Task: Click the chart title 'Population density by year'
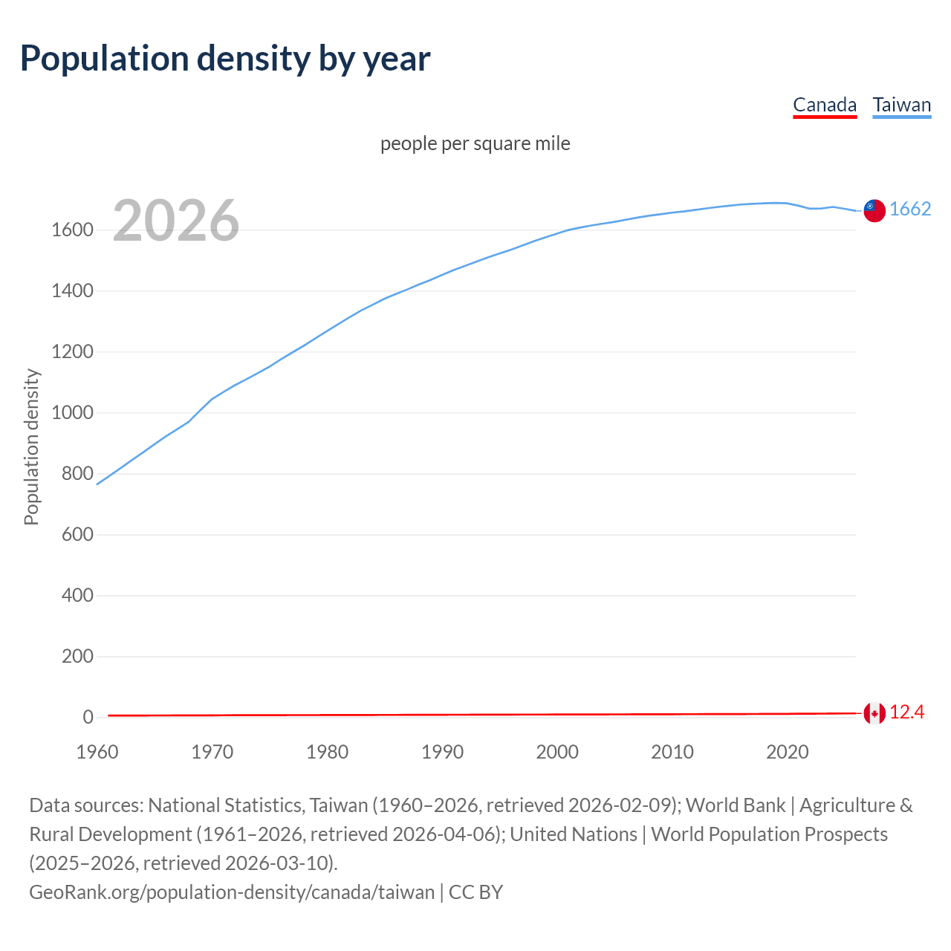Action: coord(225,59)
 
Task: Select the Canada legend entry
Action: coord(825,105)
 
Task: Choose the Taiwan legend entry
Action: coord(902,105)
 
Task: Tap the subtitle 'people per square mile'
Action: coord(475,143)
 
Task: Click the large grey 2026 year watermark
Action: coord(176,221)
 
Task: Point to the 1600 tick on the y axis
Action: coord(72,230)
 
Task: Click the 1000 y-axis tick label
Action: coord(72,413)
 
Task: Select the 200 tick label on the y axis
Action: coord(77,657)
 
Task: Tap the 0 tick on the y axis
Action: coord(88,718)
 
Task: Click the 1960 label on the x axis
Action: coord(97,752)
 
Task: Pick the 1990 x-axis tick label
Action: coord(442,752)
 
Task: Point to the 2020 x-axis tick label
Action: coord(787,752)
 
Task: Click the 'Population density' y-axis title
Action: coord(31,447)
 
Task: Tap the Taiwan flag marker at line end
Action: coord(874,210)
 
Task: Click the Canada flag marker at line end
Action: coord(874,713)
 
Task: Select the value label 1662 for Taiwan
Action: coord(910,209)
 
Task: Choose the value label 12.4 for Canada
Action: coord(906,713)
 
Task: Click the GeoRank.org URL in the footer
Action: coord(232,892)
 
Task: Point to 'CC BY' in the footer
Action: coord(476,892)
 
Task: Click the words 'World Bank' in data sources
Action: coord(736,805)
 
